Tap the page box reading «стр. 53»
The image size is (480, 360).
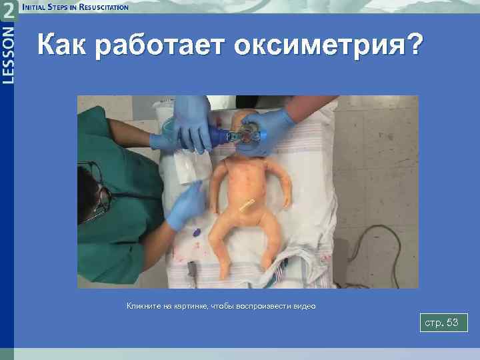(x=443, y=323)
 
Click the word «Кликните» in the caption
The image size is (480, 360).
(x=143, y=306)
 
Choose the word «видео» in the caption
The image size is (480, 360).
(x=304, y=306)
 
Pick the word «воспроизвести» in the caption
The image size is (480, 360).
(x=264, y=306)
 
